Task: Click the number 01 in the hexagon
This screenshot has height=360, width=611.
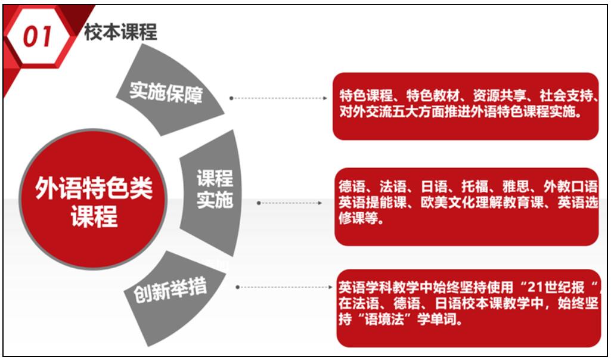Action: [38, 38]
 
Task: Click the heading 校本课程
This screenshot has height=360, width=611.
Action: [121, 32]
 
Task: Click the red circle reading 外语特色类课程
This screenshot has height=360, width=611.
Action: [94, 200]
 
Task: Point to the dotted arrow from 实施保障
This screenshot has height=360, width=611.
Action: [278, 98]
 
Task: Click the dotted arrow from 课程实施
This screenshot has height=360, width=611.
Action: [290, 203]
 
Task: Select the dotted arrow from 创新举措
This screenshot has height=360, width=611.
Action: [284, 287]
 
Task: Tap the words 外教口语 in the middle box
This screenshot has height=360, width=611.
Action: [570, 187]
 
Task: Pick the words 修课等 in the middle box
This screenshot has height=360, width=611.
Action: [358, 219]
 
